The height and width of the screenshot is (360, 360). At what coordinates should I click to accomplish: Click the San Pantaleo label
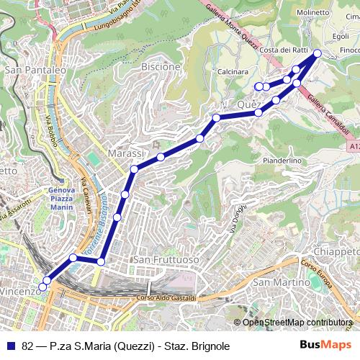point(35,71)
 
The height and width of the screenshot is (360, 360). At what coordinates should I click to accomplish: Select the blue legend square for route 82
point(11,346)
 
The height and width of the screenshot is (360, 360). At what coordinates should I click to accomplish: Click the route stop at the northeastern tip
point(318,53)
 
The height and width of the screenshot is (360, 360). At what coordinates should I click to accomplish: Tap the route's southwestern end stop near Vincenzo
point(42,287)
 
